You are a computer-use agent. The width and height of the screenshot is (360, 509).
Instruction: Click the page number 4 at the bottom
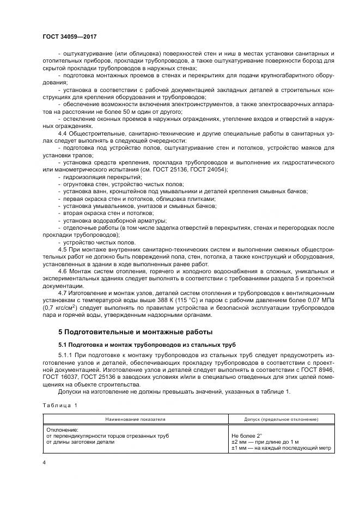[44, 462]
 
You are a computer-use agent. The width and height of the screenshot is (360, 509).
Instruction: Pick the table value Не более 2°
[247, 436]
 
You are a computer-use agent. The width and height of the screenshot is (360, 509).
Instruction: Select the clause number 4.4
[62, 133]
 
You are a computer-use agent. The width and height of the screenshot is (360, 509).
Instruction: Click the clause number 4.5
[62, 248]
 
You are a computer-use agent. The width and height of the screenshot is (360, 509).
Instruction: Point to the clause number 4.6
[62, 271]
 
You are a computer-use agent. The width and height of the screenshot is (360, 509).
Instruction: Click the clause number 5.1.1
[65, 354]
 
